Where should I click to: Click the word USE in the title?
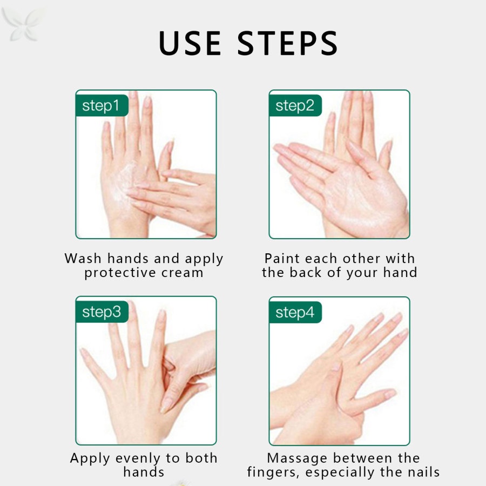190,43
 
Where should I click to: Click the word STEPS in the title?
288,43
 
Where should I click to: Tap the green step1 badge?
102,105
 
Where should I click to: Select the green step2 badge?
295,105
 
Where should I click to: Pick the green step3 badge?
102,312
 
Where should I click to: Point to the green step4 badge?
295,312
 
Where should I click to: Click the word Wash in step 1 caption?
83,258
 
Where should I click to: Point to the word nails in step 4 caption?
424,472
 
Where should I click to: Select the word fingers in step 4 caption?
274,473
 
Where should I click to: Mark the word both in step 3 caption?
201,458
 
